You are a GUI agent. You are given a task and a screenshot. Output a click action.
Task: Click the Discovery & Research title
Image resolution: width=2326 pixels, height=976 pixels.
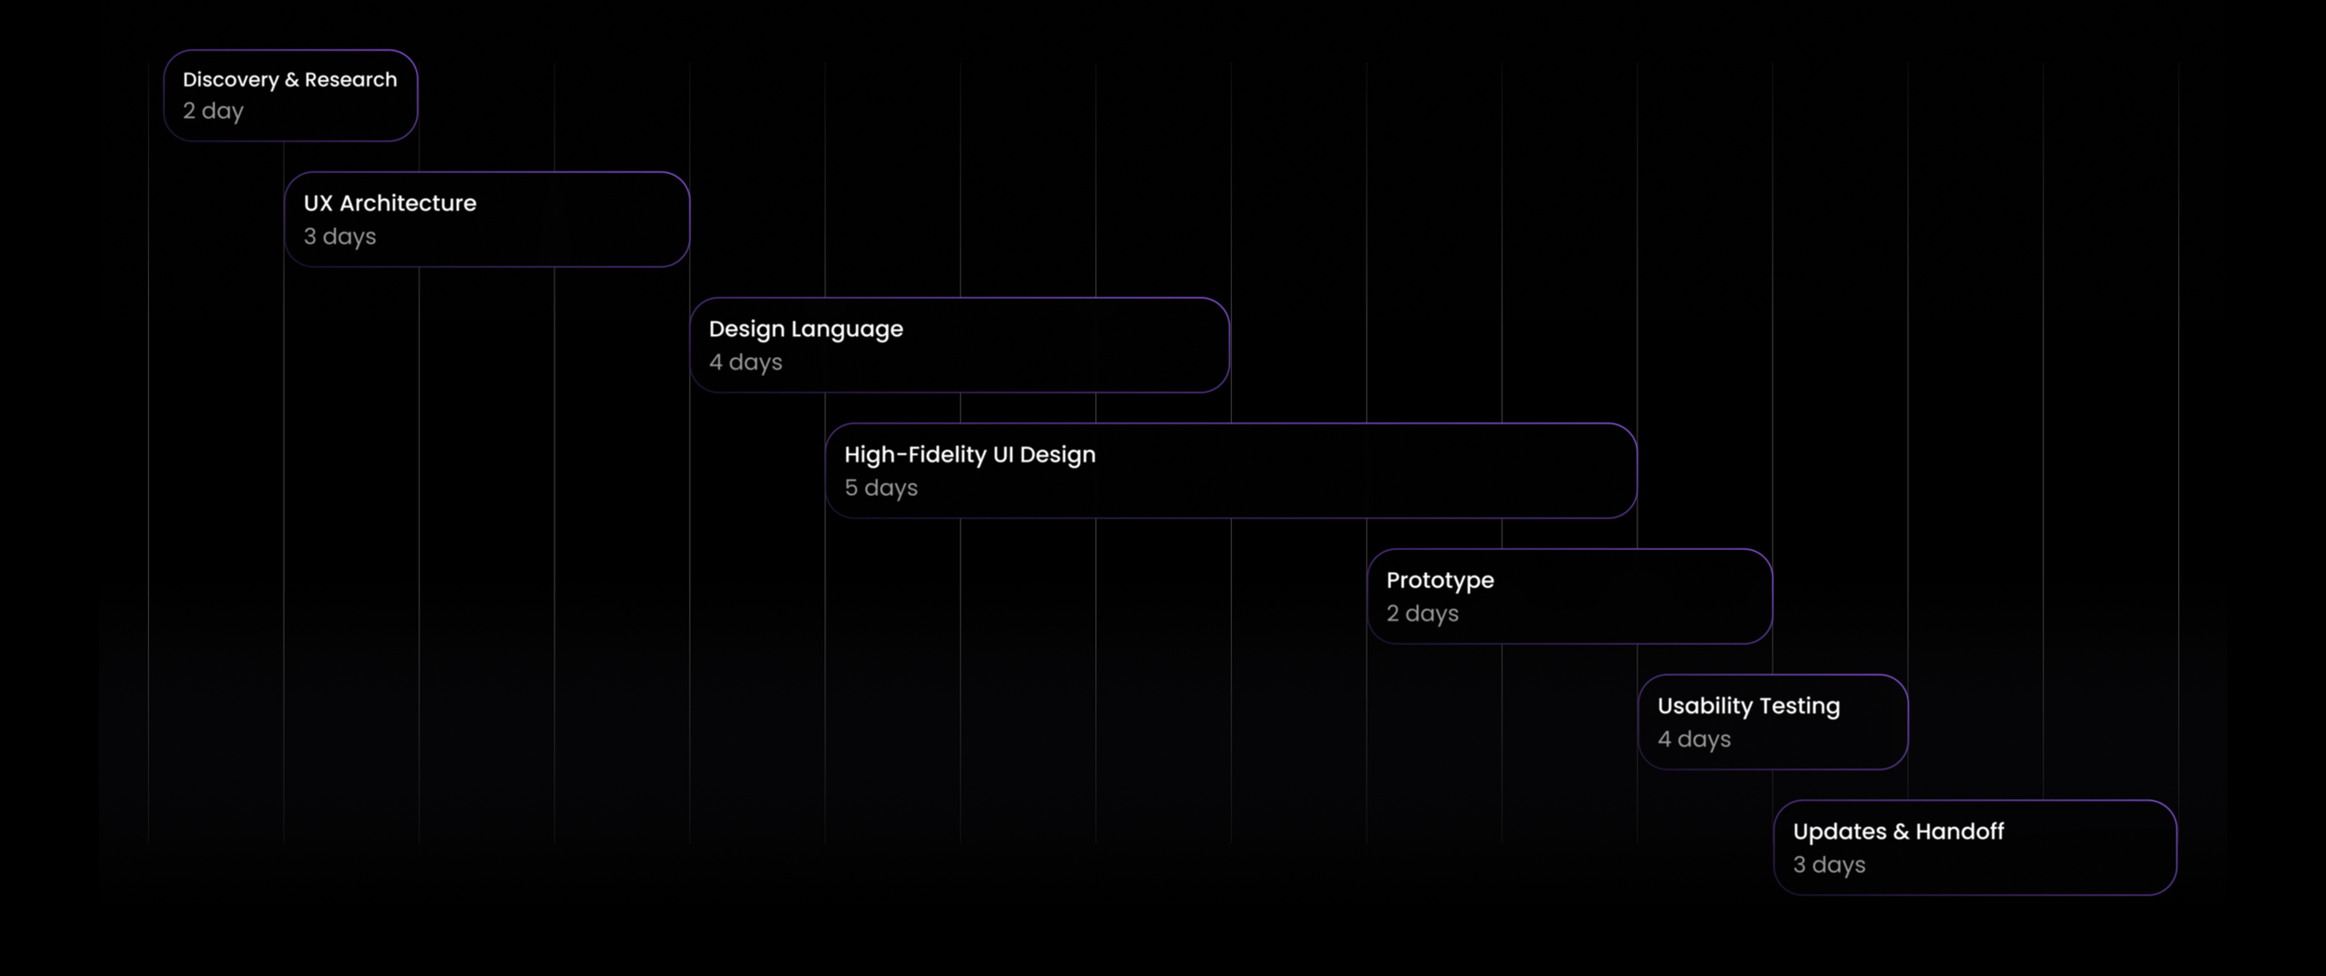click(x=289, y=80)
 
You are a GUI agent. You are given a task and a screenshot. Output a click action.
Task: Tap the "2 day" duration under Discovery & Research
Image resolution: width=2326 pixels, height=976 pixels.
click(x=213, y=111)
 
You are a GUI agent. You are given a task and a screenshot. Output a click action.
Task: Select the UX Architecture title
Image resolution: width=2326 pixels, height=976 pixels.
click(x=390, y=203)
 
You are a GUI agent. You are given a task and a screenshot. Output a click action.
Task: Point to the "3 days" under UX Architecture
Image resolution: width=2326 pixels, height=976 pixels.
click(x=340, y=236)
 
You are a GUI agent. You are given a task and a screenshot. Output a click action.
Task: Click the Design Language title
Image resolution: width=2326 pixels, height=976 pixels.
click(x=806, y=329)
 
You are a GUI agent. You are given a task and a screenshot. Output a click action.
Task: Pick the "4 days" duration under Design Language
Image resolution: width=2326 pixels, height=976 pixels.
click(x=745, y=362)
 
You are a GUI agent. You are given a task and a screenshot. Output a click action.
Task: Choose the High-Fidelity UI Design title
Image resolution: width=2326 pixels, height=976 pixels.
click(x=969, y=455)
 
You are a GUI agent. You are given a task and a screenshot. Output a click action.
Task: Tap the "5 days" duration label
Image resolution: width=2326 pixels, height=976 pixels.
click(x=881, y=488)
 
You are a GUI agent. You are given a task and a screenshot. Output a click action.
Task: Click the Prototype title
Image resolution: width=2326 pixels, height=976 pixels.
click(x=1440, y=581)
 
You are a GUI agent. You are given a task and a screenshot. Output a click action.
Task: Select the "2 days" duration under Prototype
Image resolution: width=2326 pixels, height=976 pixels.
click(x=1423, y=613)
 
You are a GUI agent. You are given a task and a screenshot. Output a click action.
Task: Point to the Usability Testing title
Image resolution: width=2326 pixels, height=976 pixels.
click(x=1748, y=706)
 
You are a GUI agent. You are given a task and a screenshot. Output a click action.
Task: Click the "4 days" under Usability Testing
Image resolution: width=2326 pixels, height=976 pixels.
click(x=1694, y=739)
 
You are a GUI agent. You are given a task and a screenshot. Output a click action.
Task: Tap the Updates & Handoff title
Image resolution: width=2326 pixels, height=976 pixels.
click(x=1898, y=832)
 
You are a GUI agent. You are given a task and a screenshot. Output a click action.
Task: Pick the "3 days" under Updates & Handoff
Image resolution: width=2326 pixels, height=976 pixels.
click(x=1829, y=864)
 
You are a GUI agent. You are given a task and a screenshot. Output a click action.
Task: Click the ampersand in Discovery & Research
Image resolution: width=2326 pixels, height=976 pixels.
click(x=292, y=80)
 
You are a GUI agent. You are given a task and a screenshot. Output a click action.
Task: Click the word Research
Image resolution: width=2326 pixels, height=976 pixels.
click(x=351, y=80)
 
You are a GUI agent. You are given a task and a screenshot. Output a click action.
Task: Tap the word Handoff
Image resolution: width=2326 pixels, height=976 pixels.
click(x=1959, y=832)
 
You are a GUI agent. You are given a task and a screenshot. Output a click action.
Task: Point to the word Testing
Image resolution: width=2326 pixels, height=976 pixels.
click(x=1799, y=707)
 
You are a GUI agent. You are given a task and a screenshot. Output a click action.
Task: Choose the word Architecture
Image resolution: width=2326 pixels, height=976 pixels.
click(x=408, y=203)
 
